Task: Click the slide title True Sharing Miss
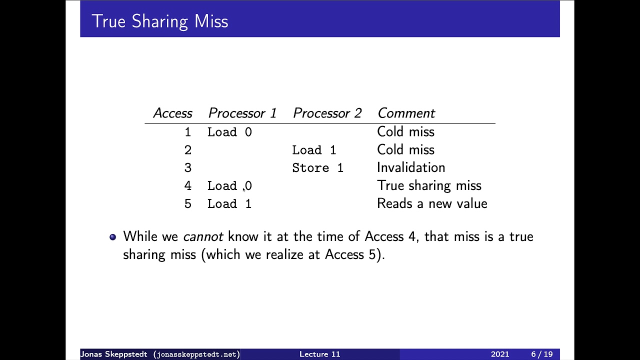pyautogui.click(x=160, y=21)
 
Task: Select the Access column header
pyautogui.click(x=172, y=113)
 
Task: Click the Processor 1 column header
pyautogui.click(x=242, y=113)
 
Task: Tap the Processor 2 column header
pyautogui.click(x=327, y=113)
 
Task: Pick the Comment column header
pyautogui.click(x=406, y=113)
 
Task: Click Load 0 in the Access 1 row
pyautogui.click(x=229, y=132)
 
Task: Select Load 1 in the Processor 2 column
pyautogui.click(x=314, y=150)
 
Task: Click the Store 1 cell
pyautogui.click(x=317, y=168)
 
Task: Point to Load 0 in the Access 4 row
pyautogui.click(x=229, y=186)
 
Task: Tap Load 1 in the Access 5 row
pyautogui.click(x=229, y=204)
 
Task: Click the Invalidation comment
pyautogui.click(x=410, y=167)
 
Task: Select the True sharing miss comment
pyautogui.click(x=429, y=185)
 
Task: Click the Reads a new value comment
pyautogui.click(x=432, y=203)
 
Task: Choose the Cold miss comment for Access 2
pyautogui.click(x=405, y=149)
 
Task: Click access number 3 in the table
pyautogui.click(x=187, y=168)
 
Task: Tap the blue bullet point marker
pyautogui.click(x=112, y=237)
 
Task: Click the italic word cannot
pyautogui.click(x=203, y=236)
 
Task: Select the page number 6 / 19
pyautogui.click(x=541, y=354)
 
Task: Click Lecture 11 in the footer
pyautogui.click(x=319, y=354)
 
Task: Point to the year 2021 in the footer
pyautogui.click(x=499, y=354)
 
